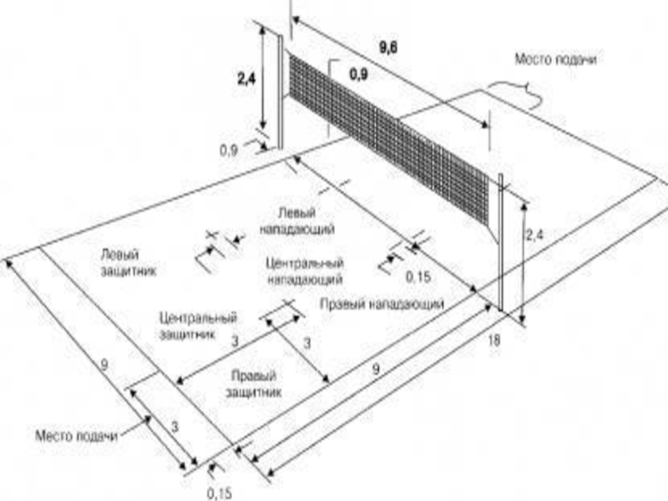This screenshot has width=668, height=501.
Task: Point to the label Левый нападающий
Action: pyautogui.click(x=297, y=220)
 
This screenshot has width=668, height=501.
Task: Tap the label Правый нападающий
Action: pyautogui.click(x=381, y=306)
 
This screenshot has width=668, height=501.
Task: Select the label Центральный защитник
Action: pyautogui.click(x=198, y=325)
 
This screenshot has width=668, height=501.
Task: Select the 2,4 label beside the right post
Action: pyautogui.click(x=534, y=238)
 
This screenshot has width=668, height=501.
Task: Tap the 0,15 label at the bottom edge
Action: pyautogui.click(x=219, y=492)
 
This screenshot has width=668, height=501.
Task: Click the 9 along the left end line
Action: pyautogui.click(x=104, y=364)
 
